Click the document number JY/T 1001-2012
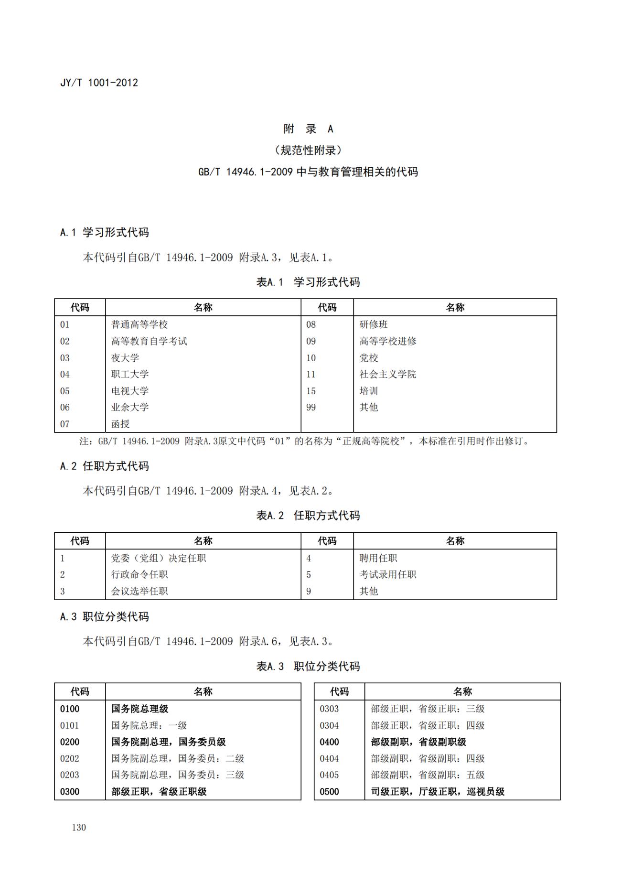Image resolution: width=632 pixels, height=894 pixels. tap(99, 83)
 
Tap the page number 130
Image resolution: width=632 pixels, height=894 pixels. tap(79, 827)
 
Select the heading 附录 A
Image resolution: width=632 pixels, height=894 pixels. tap(308, 129)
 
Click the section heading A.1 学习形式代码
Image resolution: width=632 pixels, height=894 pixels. tap(105, 233)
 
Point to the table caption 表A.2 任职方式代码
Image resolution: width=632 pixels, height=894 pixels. tap(308, 516)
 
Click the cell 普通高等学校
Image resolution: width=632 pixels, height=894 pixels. tap(139, 324)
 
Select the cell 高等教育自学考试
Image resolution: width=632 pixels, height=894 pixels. tap(149, 341)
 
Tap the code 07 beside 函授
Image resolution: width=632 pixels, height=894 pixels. tap(65, 424)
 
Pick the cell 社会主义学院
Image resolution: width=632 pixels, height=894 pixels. tap(387, 374)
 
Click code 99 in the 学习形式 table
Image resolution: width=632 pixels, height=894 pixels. tap(311, 407)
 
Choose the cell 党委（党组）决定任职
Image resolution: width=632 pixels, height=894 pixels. tap(159, 558)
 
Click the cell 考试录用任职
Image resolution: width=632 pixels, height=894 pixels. tap(387, 574)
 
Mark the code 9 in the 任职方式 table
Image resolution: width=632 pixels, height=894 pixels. tap(309, 591)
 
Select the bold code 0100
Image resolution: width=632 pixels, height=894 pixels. tap(70, 709)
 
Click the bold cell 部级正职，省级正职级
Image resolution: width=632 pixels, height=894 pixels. tap(159, 792)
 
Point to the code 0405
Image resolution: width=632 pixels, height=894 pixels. tap(329, 775)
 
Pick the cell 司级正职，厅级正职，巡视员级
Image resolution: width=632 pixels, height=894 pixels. tap(438, 792)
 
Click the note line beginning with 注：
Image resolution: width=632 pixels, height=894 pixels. tap(305, 441)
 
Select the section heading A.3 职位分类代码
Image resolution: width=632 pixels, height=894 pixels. tap(105, 617)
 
